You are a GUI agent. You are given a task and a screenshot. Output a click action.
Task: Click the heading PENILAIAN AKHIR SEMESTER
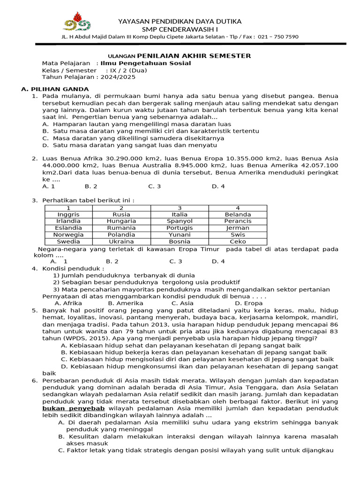point(194,56)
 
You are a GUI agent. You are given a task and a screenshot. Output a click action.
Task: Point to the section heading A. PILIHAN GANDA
point(55,89)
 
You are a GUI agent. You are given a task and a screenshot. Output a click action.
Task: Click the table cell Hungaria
point(121,221)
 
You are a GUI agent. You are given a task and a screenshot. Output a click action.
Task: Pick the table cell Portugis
point(180,228)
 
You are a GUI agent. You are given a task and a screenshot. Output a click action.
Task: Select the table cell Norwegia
point(68,235)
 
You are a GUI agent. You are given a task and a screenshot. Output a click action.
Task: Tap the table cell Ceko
point(238,242)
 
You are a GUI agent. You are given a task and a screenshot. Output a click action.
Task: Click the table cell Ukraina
point(121,242)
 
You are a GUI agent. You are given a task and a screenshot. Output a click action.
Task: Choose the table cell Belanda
point(238,214)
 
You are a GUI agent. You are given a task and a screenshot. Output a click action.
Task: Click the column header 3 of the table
point(180,208)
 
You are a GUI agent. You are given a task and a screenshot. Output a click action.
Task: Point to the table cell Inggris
point(68,214)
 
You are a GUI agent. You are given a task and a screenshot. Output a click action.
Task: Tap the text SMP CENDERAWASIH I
point(180,29)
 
